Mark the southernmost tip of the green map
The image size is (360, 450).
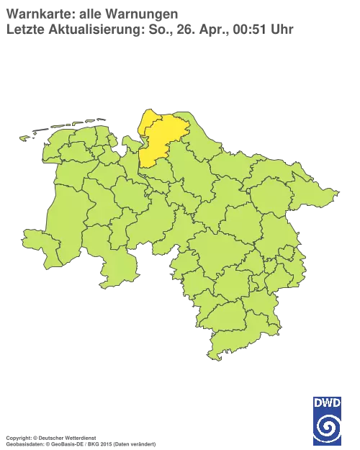[211, 359]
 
